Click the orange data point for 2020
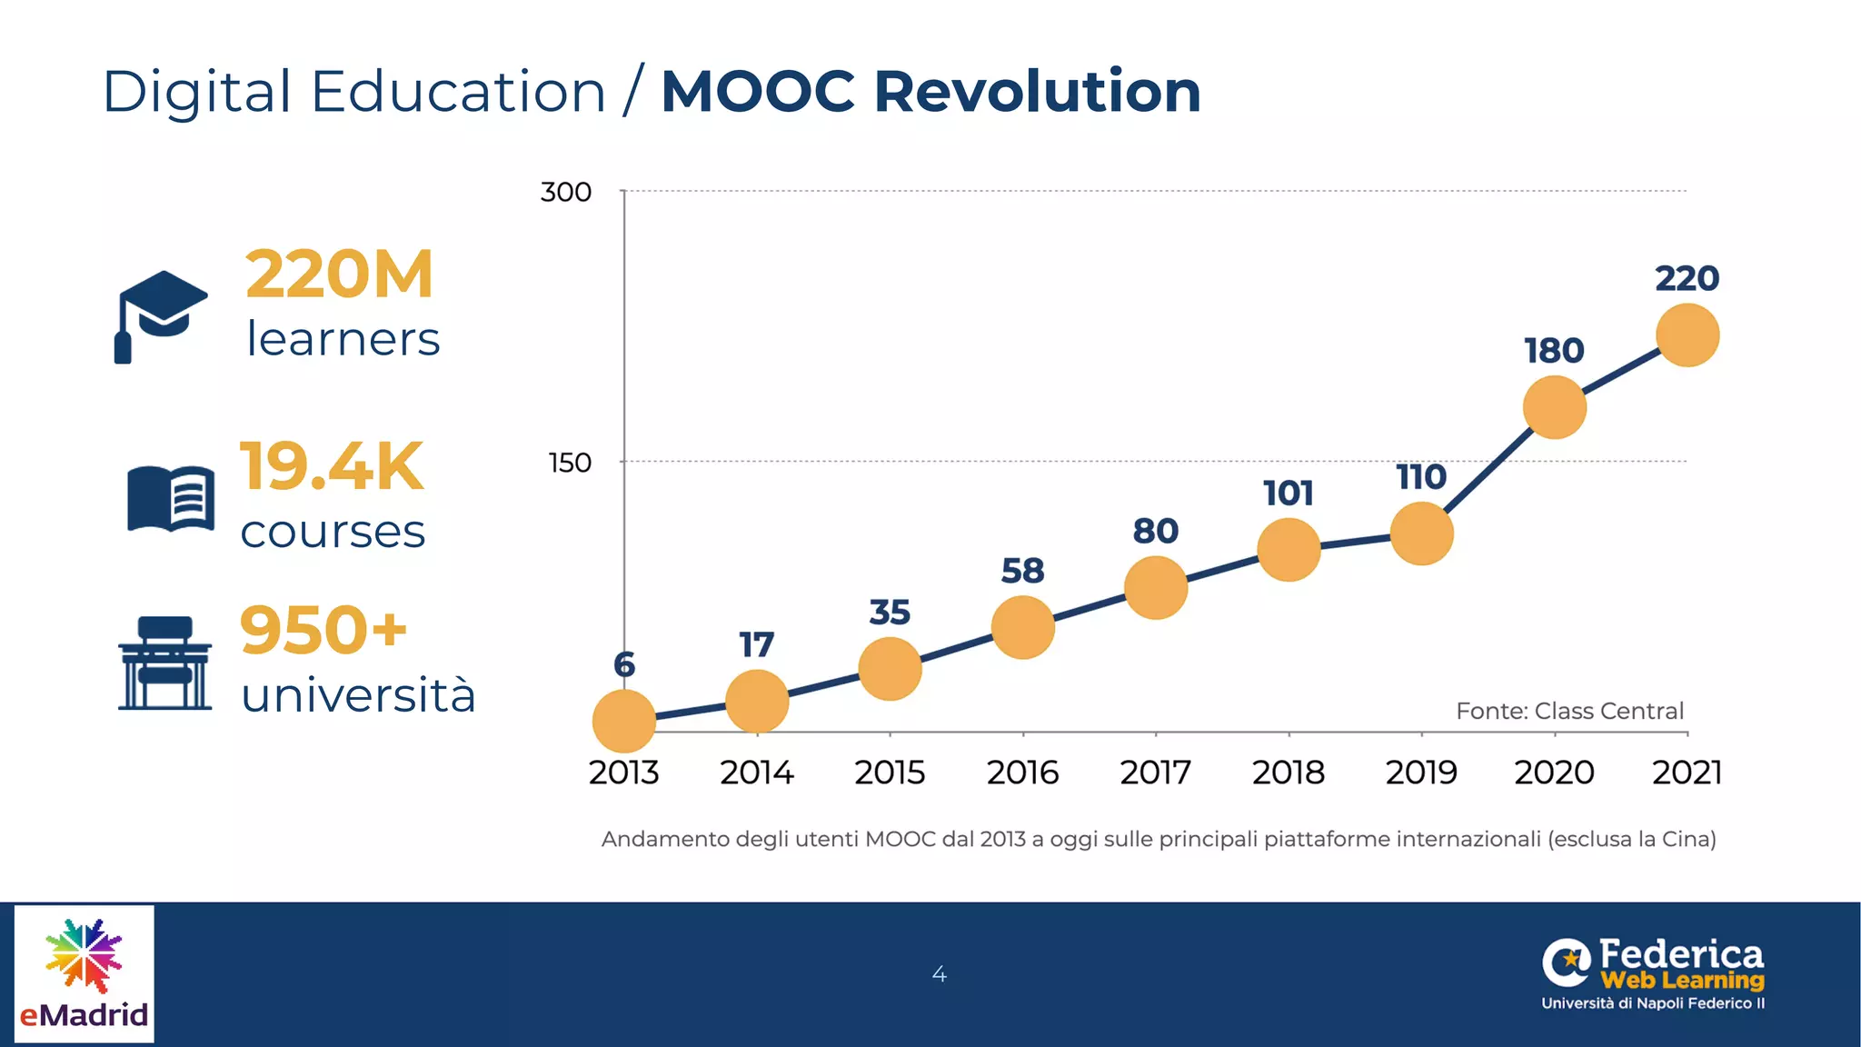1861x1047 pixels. (x=1555, y=407)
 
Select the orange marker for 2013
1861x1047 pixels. (x=624, y=721)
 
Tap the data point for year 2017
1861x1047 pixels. (x=1156, y=588)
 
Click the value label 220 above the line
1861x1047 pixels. (x=1687, y=278)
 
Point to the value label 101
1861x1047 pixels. (x=1289, y=494)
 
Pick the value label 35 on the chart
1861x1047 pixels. (x=890, y=613)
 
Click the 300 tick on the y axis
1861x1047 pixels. (x=565, y=192)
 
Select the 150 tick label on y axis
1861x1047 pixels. (x=570, y=463)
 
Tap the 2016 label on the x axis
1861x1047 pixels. (x=1023, y=773)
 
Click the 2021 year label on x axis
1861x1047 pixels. (x=1687, y=773)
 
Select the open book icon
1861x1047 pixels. (x=171, y=498)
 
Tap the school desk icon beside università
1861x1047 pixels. (x=164, y=663)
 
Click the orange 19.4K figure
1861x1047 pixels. (x=332, y=466)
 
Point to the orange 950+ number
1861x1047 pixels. (x=323, y=630)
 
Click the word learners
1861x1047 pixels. (x=343, y=339)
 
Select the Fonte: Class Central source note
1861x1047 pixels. (x=1569, y=711)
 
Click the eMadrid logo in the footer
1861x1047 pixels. (x=85, y=973)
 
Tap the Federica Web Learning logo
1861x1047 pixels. (x=1653, y=974)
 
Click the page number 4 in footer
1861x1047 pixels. (x=940, y=974)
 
